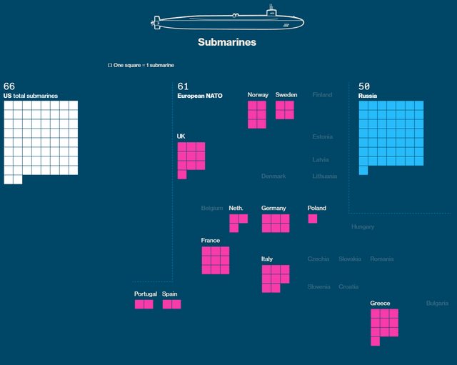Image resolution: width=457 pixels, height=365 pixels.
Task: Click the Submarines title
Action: (x=227, y=42)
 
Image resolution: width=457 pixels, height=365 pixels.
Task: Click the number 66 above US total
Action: (x=9, y=86)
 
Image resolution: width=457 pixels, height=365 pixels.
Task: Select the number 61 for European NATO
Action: (x=183, y=86)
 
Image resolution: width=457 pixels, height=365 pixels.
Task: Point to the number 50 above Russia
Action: (x=364, y=86)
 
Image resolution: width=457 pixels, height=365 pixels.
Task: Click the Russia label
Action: (x=368, y=95)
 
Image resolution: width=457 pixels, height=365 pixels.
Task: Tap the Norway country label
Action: (x=258, y=95)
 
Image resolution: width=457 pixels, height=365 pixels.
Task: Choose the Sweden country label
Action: (x=286, y=95)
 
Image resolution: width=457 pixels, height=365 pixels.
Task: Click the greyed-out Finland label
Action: (x=322, y=95)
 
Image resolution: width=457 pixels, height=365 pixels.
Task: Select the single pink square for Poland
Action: (x=313, y=219)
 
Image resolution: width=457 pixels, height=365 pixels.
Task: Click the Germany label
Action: (x=273, y=208)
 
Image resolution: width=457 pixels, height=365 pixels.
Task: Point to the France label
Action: (x=211, y=241)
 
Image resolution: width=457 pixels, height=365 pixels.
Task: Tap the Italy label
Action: (x=267, y=259)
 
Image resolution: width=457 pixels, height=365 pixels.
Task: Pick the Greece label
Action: (x=380, y=304)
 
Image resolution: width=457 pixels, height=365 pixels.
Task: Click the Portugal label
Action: (x=146, y=294)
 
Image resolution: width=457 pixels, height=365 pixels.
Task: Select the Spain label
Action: (x=170, y=294)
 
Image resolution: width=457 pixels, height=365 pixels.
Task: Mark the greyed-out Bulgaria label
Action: (x=437, y=304)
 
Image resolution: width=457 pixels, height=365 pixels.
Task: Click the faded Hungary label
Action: (x=363, y=226)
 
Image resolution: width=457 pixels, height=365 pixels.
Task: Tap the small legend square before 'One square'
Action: (x=110, y=66)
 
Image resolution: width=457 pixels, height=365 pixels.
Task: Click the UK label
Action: (x=181, y=136)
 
